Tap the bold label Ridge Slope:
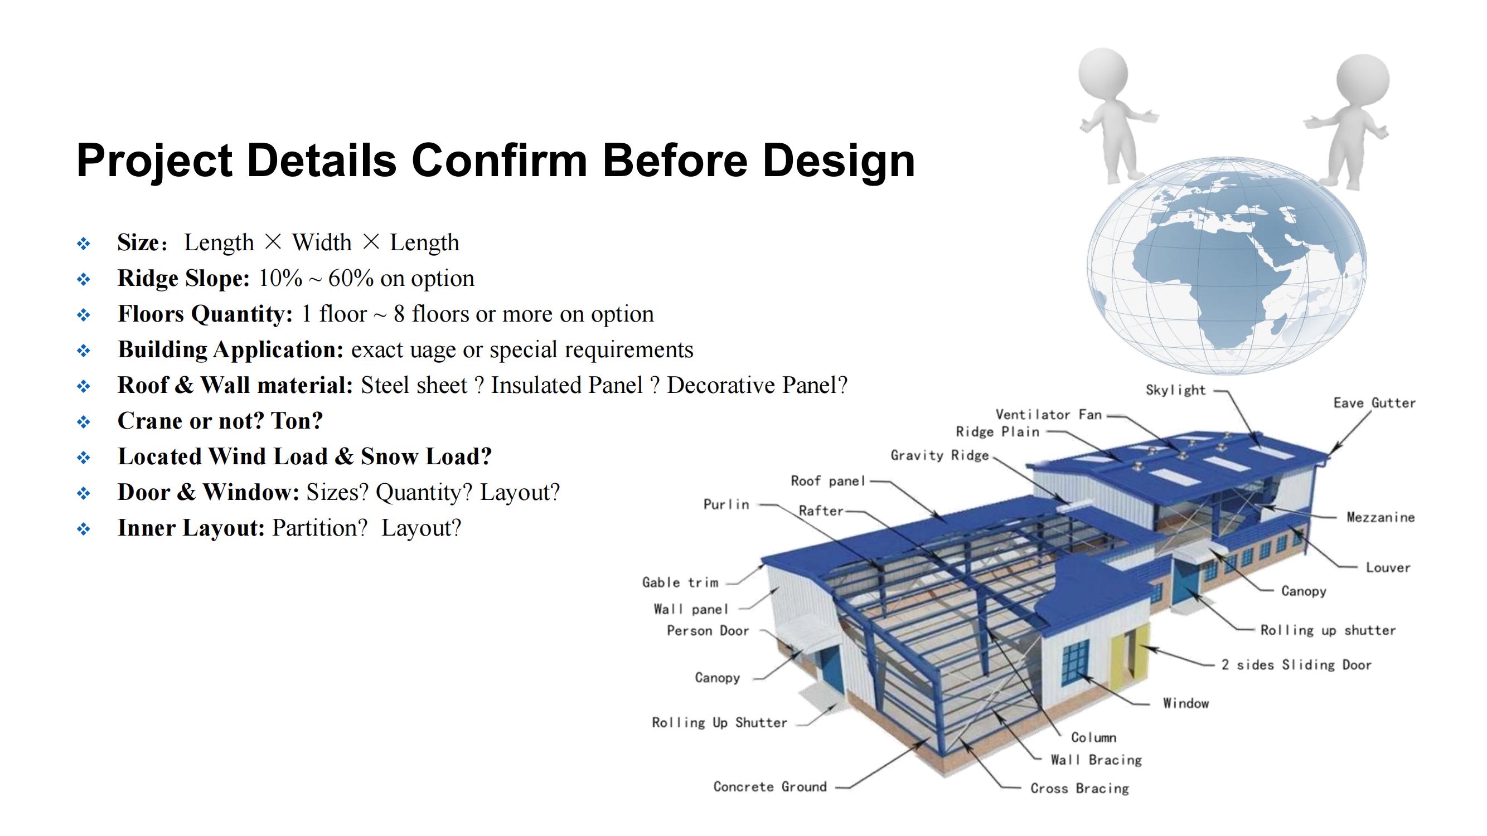coord(183,279)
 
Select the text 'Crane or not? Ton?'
coord(220,421)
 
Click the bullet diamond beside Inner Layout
coord(84,529)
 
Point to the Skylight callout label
coord(1175,391)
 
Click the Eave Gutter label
coord(1374,403)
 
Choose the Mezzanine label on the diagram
coord(1380,517)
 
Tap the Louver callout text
coord(1388,568)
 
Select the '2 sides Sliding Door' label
coord(1296,665)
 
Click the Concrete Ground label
coord(770,786)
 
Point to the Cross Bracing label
coord(1079,789)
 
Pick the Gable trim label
coord(680,583)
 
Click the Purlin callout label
coord(726,504)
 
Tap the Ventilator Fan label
coord(1048,415)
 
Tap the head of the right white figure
coord(1363,80)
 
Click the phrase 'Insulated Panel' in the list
coord(566,386)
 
